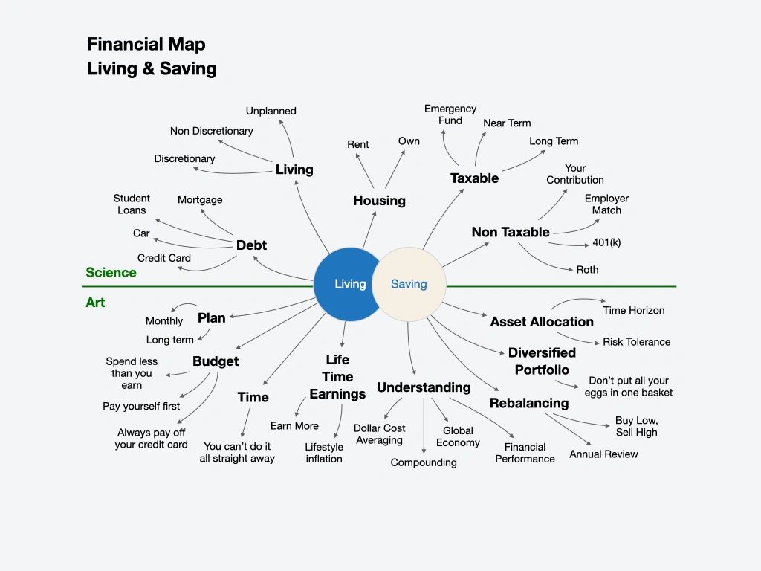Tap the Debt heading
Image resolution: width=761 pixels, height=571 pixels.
point(251,245)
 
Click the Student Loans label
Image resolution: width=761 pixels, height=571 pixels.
point(132,204)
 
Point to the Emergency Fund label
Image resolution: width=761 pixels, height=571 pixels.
point(450,114)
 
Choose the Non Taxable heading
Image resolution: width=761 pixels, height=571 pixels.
point(511,232)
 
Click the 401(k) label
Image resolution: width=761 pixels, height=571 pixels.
point(607,243)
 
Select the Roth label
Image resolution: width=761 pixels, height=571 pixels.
point(587,270)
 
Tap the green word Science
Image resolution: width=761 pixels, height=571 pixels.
point(111,273)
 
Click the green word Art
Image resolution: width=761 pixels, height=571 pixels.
point(96,303)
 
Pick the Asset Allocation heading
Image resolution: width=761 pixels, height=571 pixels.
point(542,322)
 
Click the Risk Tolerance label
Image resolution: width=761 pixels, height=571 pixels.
point(636,342)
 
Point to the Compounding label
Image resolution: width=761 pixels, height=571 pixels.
point(424,462)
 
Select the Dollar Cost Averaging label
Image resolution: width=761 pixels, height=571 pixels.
point(379,434)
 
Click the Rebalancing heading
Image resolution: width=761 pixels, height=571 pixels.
point(529,403)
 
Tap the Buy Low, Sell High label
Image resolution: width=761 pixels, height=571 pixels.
point(636,426)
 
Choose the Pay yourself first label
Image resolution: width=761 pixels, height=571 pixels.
point(141,407)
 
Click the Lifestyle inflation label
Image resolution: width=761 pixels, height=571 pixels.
point(324,453)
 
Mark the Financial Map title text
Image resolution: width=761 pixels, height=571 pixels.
point(146,44)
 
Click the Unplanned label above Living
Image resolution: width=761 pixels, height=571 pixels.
point(271,111)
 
